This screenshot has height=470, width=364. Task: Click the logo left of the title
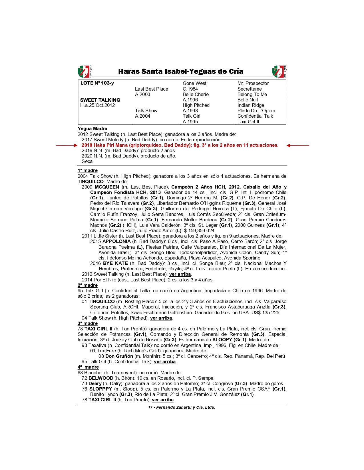point(85,71)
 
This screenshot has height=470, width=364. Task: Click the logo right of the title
point(279,71)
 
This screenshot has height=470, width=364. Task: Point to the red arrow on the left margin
point(67,145)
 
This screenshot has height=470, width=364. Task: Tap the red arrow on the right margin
point(298,145)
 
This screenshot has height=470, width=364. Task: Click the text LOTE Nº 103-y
point(97,83)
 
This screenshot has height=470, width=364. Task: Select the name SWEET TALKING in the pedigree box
point(100,100)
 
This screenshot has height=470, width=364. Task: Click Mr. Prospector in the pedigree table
point(253,83)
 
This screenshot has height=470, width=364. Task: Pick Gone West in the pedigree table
point(194,83)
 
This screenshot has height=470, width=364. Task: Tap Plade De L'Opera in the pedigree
point(256,111)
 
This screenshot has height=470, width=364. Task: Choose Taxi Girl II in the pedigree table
point(248,122)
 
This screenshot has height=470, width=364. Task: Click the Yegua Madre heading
point(92,129)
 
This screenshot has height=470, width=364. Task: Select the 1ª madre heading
point(88,171)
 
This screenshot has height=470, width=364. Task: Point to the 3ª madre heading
point(88,324)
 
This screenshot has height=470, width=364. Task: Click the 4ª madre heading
point(88,367)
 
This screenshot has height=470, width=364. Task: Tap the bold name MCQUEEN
point(107,187)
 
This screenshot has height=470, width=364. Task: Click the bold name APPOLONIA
point(116,242)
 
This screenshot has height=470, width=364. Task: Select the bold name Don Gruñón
point(119,356)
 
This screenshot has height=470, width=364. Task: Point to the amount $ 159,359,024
point(199,231)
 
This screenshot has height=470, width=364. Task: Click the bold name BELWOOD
point(101,378)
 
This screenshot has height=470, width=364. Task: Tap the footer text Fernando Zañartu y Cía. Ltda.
point(185,408)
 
